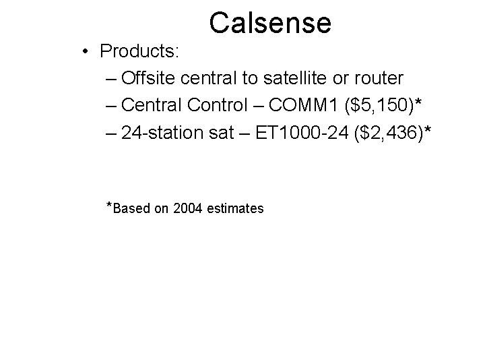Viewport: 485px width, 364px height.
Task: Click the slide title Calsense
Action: pos(269,22)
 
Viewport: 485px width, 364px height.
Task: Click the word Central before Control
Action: pos(155,106)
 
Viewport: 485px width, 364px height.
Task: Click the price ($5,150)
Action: pos(384,107)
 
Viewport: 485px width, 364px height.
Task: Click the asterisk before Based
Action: pos(110,204)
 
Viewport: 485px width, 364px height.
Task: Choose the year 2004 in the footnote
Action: pos(187,208)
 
